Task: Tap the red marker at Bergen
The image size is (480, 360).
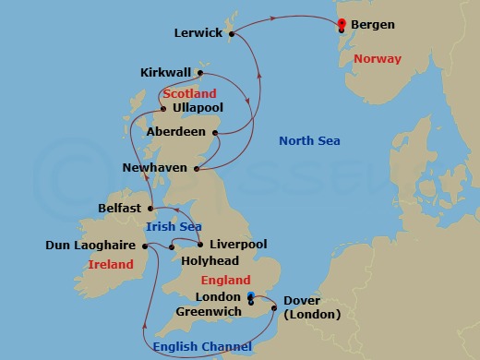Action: click(x=342, y=24)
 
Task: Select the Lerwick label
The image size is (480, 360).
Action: click(x=198, y=33)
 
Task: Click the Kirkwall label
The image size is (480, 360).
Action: click(x=166, y=72)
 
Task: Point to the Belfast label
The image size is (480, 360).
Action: click(x=119, y=209)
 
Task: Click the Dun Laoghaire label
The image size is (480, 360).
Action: click(x=90, y=246)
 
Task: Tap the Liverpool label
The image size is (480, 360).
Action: click(x=238, y=245)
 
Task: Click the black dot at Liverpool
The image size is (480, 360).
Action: click(x=200, y=245)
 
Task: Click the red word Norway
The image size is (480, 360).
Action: click(x=378, y=59)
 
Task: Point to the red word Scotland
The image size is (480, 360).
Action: click(x=189, y=93)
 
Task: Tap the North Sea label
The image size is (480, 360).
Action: click(x=309, y=141)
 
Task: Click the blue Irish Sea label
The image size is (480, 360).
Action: click(x=174, y=226)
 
